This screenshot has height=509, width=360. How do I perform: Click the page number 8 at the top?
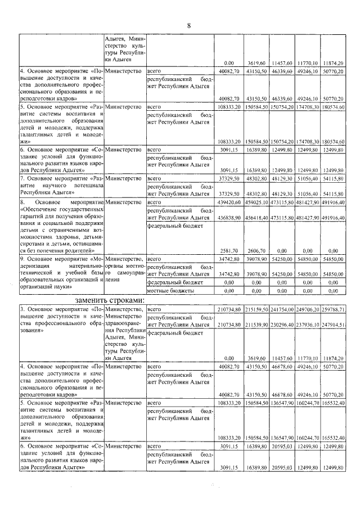tap(189, 25)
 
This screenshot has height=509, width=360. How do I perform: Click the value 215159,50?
tap(256, 309)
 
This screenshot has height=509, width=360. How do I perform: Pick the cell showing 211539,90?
tap(256, 325)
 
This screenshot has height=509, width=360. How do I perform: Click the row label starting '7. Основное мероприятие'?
tap(60, 184)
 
